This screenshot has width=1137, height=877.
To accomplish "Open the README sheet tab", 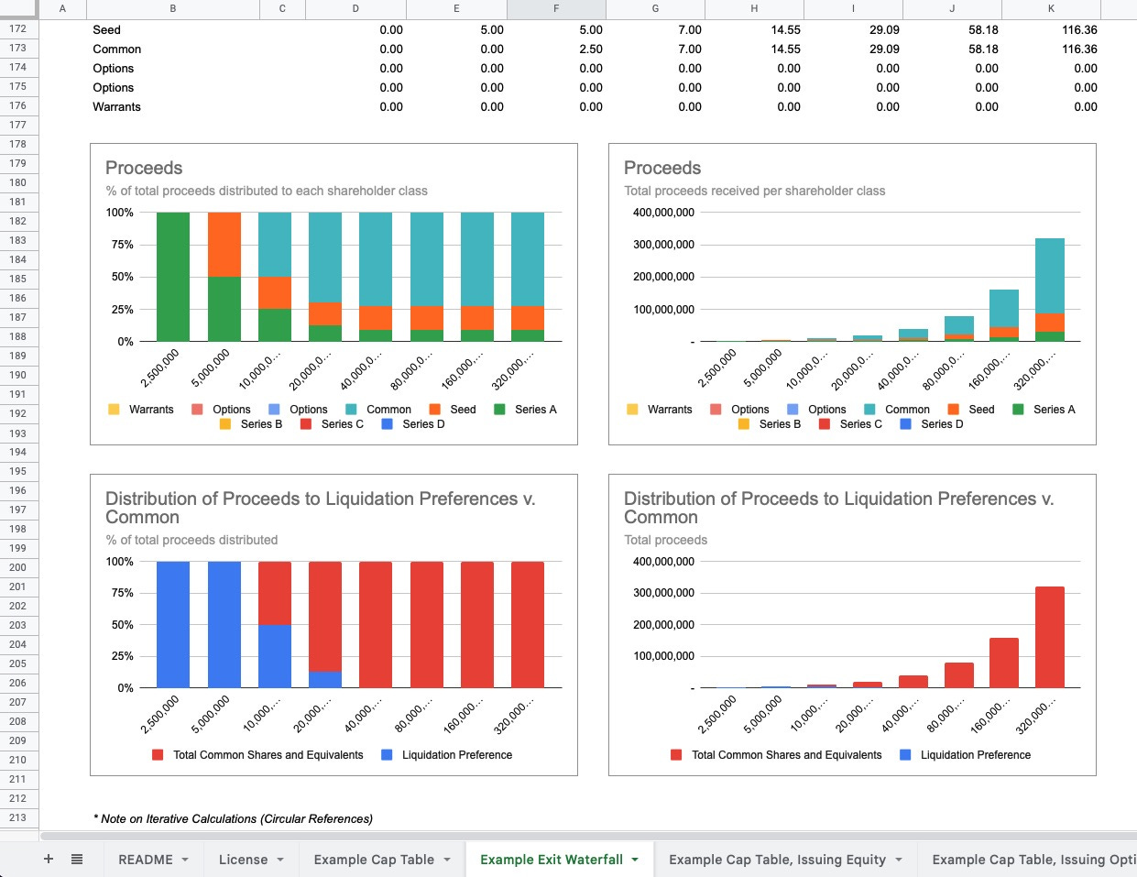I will coord(145,860).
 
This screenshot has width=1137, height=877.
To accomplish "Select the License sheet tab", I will coord(243,860).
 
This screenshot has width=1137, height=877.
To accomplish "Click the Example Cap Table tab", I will coord(374,860).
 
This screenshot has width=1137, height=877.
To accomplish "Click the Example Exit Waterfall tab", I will coord(551,860).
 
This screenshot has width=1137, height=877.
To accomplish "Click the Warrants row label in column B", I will coord(116,107).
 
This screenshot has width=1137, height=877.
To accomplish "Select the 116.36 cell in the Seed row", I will coord(1079,30).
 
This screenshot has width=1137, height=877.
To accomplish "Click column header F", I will coord(556,9).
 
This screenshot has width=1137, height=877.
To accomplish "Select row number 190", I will coord(18,375).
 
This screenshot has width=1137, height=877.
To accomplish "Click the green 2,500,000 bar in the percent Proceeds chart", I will coord(173,277).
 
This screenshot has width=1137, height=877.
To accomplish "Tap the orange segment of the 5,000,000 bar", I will coord(224,245).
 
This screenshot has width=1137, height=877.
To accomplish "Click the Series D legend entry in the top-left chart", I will coord(422,424).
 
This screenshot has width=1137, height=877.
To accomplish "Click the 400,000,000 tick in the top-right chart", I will coord(663,213).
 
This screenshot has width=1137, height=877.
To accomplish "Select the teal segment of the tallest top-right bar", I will coord(1050,275).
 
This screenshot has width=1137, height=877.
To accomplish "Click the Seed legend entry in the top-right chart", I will coord(980,410).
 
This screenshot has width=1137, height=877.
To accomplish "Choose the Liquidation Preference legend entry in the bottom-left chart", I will coord(456,755).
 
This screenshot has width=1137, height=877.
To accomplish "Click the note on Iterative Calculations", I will coord(233,818).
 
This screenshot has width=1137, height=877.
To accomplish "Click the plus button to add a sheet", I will coord(49,860).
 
